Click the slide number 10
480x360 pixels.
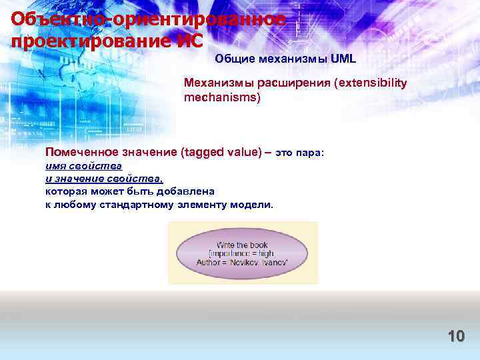[x=456, y=336]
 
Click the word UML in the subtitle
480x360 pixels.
[x=343, y=59]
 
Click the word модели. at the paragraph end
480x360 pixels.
[x=251, y=204]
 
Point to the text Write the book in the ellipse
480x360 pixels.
[x=241, y=245]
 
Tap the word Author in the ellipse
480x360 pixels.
[x=210, y=263]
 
